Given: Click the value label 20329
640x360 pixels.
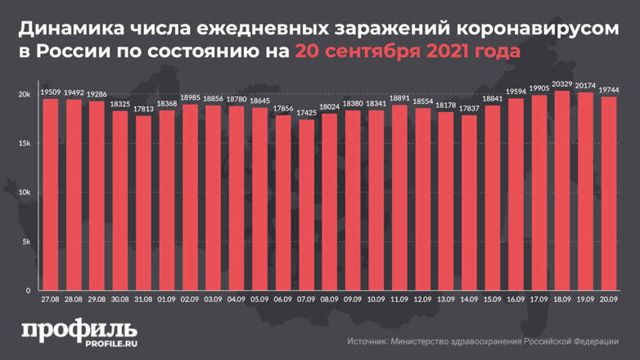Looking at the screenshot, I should pyautogui.click(x=561, y=83).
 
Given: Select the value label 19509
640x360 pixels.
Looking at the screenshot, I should pyautogui.click(x=51, y=92).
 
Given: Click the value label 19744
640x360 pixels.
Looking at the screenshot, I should pyautogui.click(x=608, y=89).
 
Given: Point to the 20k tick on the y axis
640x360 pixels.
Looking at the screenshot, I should pyautogui.click(x=25, y=95).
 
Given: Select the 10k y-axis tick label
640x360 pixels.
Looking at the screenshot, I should pyautogui.click(x=25, y=193).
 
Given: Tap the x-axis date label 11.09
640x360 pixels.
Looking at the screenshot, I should pyautogui.click(x=399, y=300).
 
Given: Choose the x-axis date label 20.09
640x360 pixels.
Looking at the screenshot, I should pyautogui.click(x=608, y=300).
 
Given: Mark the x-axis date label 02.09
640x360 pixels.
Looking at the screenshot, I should pyautogui.click(x=190, y=300).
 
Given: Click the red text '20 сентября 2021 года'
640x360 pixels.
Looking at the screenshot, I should pyautogui.click(x=406, y=51).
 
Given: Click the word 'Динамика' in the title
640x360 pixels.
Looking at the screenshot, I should pyautogui.click(x=70, y=28).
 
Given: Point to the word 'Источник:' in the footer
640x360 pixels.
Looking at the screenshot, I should pyautogui.click(x=369, y=340).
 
